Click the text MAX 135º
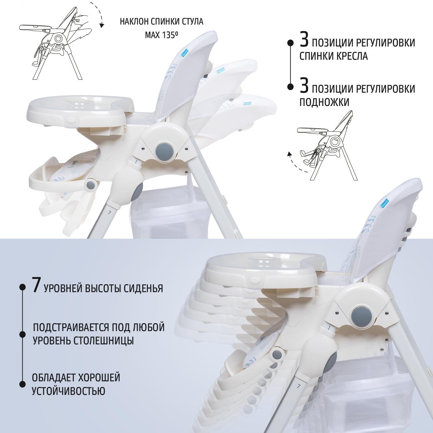pos(161,35)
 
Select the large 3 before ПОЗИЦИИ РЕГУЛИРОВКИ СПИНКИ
pos(304,39)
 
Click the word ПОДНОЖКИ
pos(324,102)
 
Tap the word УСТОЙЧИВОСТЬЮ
pos(68,391)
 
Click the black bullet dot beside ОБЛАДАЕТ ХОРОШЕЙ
pos(22,384)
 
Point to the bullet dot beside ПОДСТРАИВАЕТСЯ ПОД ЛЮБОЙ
pos(22,334)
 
